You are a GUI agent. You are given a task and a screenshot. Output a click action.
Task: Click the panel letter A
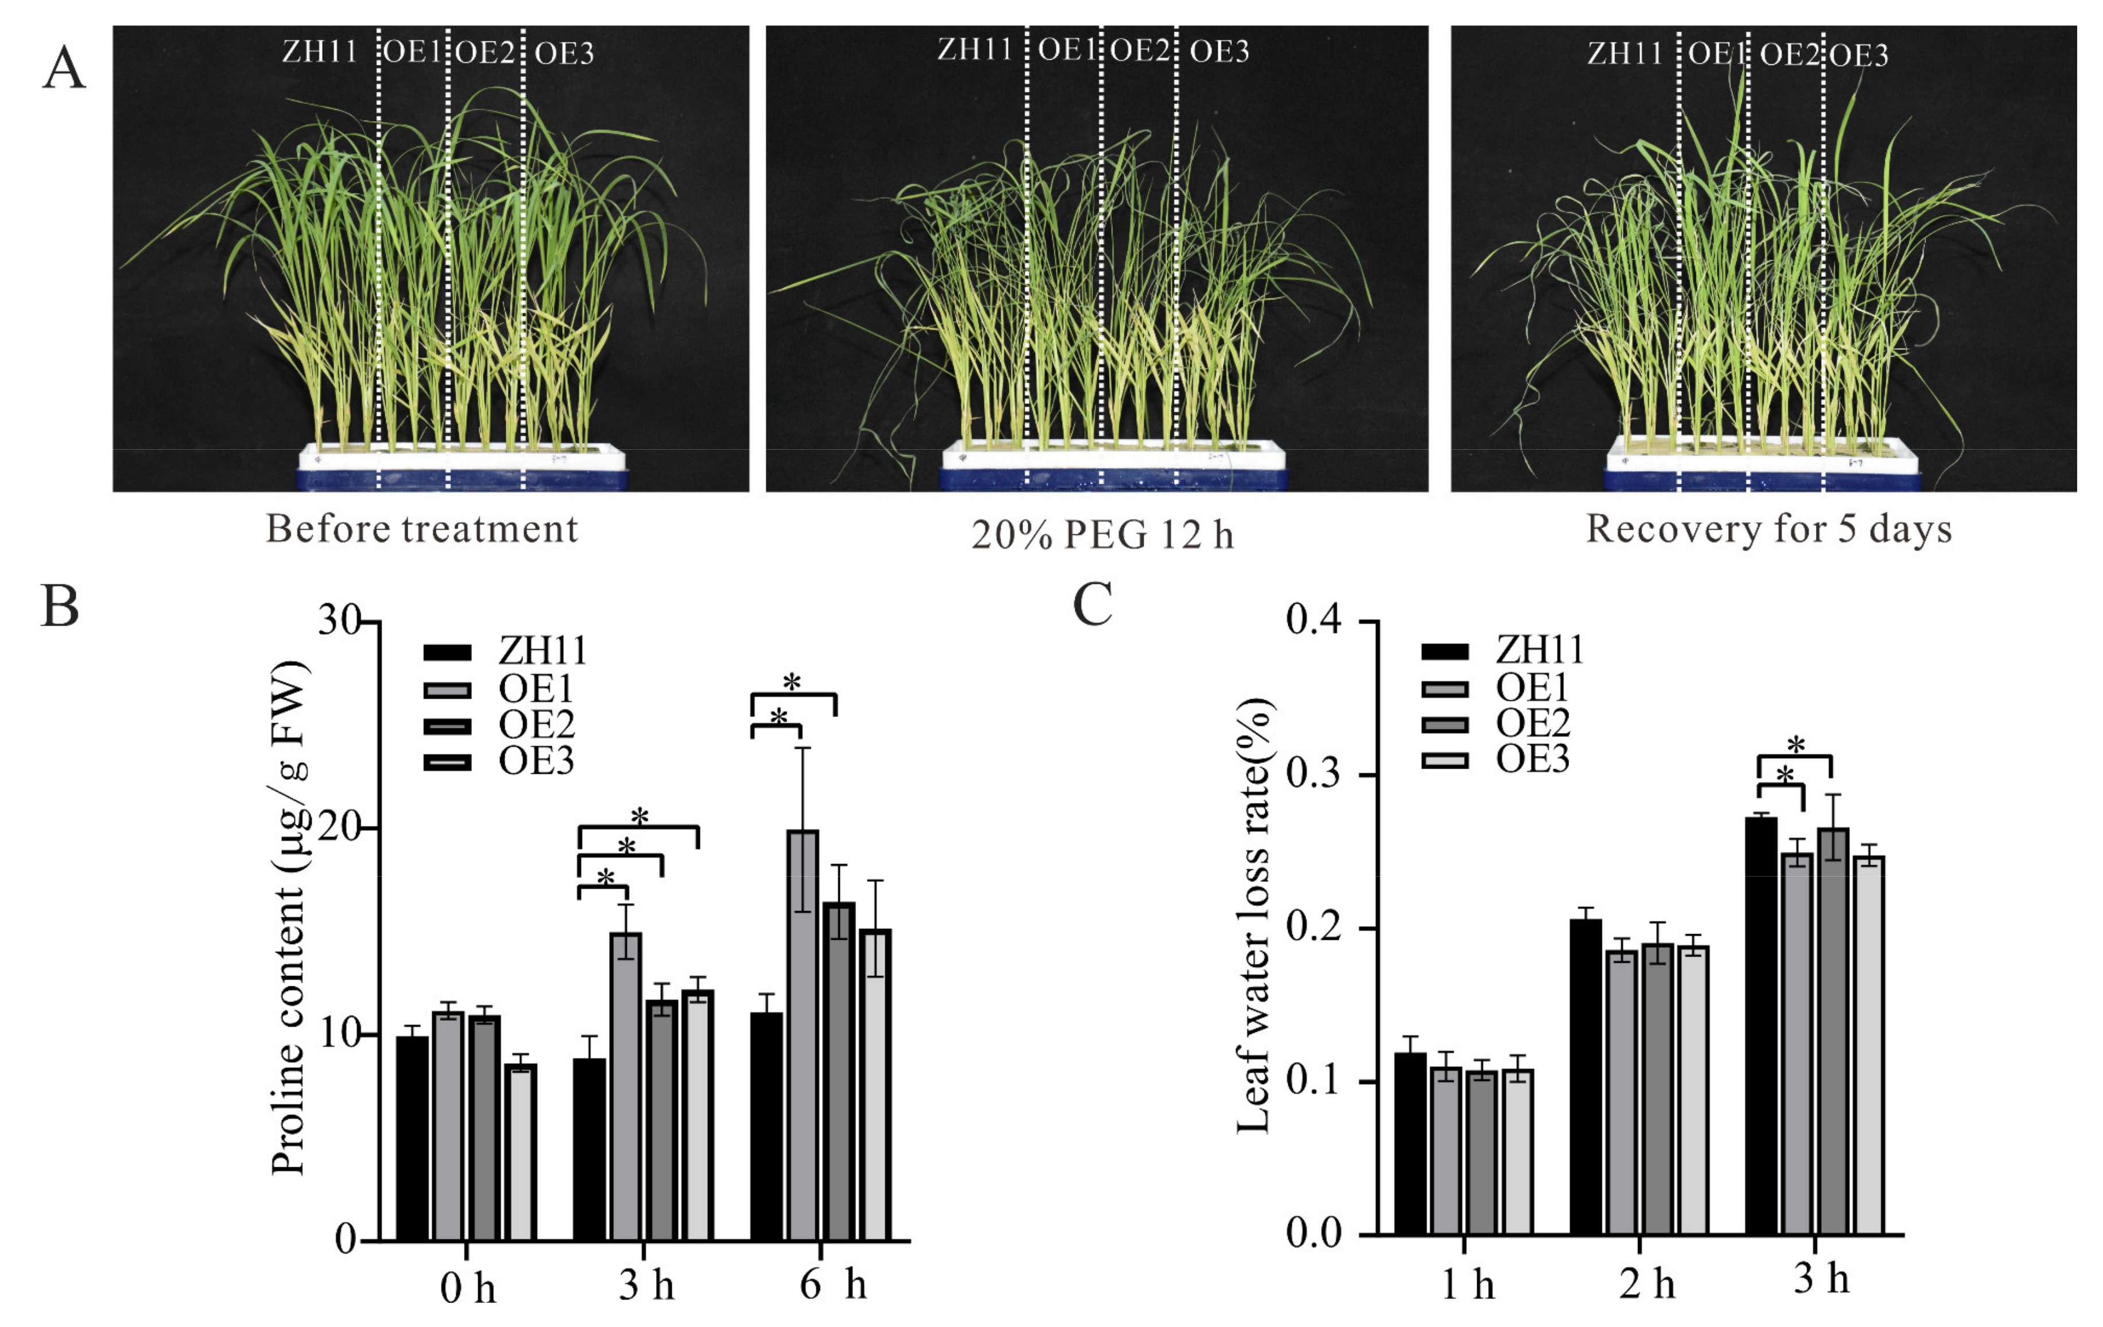click(64, 68)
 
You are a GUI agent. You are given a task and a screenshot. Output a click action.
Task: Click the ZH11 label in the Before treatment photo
click(320, 52)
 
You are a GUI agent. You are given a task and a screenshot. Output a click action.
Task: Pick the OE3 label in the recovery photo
click(1858, 56)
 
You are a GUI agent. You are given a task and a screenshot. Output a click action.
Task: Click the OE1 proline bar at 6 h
click(803, 1035)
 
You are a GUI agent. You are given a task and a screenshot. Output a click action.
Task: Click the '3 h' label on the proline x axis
click(646, 1284)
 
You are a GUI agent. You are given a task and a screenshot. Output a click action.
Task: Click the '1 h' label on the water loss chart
click(1467, 1284)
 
